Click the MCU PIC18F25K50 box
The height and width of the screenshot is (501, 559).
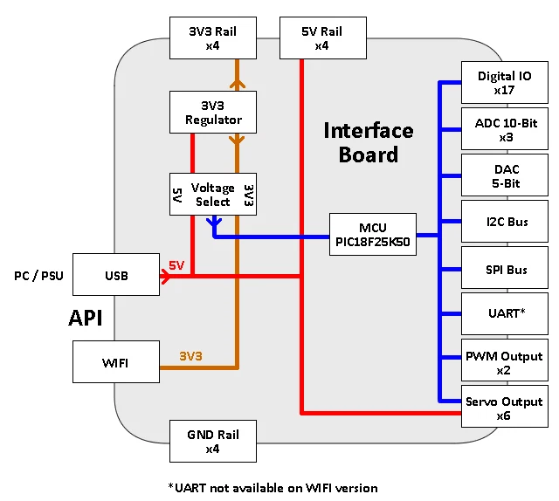[373, 234]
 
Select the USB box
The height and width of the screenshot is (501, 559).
[116, 276]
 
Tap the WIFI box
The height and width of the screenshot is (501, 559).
[116, 362]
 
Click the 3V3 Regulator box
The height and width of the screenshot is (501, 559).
[213, 112]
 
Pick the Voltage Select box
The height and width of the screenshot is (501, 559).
[213, 195]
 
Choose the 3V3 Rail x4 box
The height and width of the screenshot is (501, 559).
[213, 38]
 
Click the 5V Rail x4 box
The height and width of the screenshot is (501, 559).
[321, 38]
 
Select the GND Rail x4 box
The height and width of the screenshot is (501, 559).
[213, 441]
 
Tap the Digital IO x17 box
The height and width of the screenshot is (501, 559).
[504, 83]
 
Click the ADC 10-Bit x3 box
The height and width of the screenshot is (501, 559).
[504, 130]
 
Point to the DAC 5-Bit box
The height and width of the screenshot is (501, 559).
[504, 176]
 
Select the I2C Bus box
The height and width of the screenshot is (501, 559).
[504, 223]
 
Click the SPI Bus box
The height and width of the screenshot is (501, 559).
[504, 270]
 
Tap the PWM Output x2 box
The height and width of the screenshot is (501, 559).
[504, 362]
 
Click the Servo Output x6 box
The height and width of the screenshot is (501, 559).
[504, 408]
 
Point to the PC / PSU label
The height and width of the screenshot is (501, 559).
[36, 276]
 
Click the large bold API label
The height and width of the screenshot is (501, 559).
[86, 319]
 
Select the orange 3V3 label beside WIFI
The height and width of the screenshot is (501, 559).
[190, 356]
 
